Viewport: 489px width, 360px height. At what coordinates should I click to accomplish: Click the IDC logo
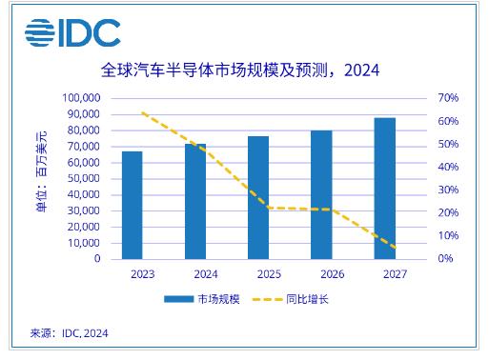[x=72, y=32]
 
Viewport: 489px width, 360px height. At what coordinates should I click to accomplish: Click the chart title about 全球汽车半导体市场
[x=240, y=70]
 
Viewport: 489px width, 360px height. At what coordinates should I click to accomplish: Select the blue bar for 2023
[x=132, y=205]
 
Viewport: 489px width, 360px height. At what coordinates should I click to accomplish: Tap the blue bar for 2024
[x=195, y=201]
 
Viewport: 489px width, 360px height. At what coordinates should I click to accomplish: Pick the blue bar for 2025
[x=258, y=197]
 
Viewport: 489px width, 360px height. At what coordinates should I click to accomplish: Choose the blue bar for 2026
[x=321, y=194]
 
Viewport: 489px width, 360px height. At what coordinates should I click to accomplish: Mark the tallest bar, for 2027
[x=385, y=189]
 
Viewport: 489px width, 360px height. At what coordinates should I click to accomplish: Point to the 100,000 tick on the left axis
[x=81, y=98]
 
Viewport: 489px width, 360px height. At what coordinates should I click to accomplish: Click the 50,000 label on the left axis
[x=84, y=178]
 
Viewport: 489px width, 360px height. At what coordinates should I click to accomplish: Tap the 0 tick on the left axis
[x=97, y=259]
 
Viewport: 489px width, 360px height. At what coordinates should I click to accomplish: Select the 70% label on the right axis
[x=448, y=98]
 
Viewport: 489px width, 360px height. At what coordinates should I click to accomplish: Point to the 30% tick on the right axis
[x=448, y=190]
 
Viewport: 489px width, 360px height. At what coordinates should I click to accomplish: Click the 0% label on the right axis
[x=445, y=258]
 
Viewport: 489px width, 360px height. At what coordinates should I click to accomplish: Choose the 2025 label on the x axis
[x=269, y=274]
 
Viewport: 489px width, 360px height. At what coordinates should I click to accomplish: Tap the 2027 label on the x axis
[x=395, y=274]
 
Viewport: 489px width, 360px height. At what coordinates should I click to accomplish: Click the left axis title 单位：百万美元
[x=41, y=171]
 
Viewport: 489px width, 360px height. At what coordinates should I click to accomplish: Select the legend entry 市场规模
[x=202, y=299]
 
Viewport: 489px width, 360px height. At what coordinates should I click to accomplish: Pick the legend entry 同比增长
[x=290, y=299]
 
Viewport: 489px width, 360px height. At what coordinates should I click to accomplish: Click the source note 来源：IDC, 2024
[x=70, y=333]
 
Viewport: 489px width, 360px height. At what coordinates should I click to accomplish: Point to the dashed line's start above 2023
[x=142, y=112]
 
